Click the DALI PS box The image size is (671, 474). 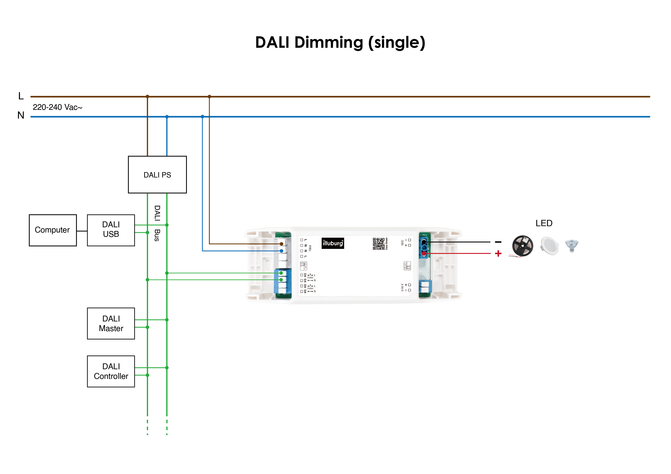[157, 175]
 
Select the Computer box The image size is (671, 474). [53, 230]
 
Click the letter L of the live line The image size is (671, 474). [21, 96]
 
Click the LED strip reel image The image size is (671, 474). [523, 246]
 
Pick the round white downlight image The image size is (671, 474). [549, 246]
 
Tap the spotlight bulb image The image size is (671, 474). [572, 245]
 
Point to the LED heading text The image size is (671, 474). [544, 223]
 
